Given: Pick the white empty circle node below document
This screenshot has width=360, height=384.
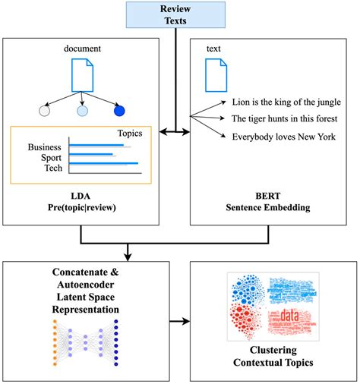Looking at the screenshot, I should (x=44, y=111).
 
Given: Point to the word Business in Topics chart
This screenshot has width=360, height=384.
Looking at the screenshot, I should (x=45, y=146).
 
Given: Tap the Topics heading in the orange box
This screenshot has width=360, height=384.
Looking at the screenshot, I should (x=130, y=133).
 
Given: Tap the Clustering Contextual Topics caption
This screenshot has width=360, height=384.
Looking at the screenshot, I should (x=270, y=357).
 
